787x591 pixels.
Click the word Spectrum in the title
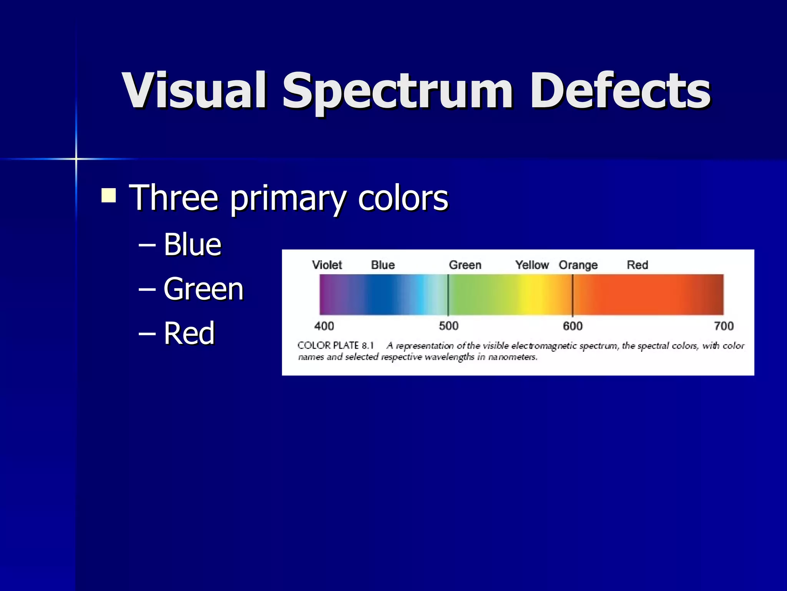pyautogui.click(x=398, y=92)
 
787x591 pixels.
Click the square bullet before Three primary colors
pyautogui.click(x=109, y=195)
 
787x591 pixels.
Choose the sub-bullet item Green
pyautogui.click(x=203, y=289)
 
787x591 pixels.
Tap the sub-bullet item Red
pyautogui.click(x=189, y=333)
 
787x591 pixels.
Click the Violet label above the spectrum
pyautogui.click(x=327, y=265)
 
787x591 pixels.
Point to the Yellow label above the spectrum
pyautogui.click(x=532, y=265)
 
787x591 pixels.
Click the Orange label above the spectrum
pyautogui.click(x=578, y=265)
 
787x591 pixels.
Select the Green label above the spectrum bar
pyautogui.click(x=465, y=265)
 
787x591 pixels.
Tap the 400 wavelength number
pyautogui.click(x=324, y=326)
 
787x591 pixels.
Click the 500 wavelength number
pyautogui.click(x=448, y=326)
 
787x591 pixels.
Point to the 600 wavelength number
pyautogui.click(x=573, y=326)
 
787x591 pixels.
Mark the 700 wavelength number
pyautogui.click(x=724, y=326)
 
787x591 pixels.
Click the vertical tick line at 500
pyautogui.click(x=448, y=295)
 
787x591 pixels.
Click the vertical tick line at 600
pyautogui.click(x=573, y=295)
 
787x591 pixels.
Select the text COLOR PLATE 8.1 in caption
pyautogui.click(x=335, y=345)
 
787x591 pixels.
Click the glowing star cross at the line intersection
pyautogui.click(x=76, y=159)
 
